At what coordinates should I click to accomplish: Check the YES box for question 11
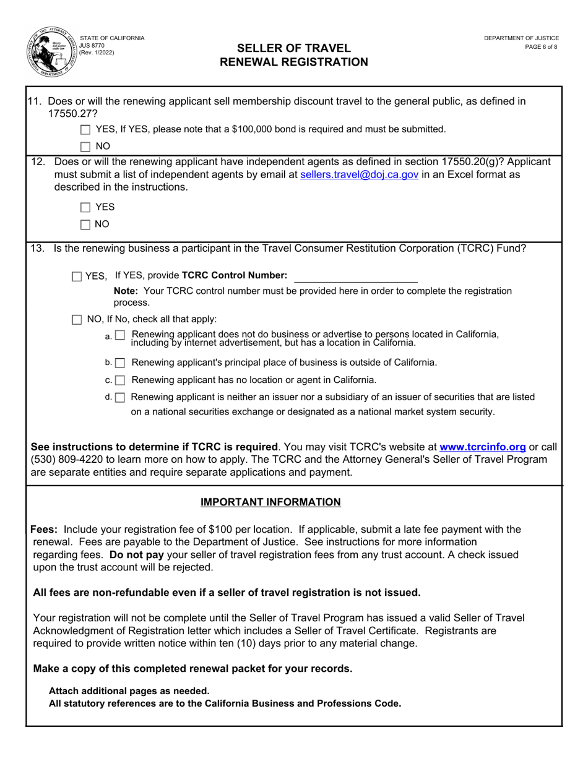[x=85, y=130]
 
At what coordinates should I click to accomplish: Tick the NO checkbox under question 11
[x=85, y=147]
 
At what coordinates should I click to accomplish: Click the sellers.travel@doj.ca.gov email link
[x=358, y=175]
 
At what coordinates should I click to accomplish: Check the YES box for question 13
[x=76, y=277]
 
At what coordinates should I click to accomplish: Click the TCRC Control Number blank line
[x=355, y=276]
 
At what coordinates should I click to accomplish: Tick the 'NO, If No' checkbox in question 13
[x=76, y=320]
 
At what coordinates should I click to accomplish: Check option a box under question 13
[x=120, y=335]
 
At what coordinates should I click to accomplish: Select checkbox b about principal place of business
[x=120, y=363]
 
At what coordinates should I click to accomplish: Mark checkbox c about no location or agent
[x=120, y=380]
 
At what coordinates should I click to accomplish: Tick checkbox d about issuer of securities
[x=120, y=397]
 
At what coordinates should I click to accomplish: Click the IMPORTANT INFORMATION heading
[x=270, y=502]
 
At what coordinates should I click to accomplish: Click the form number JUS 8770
[x=92, y=45]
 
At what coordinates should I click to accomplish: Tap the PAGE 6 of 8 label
[x=540, y=46]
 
